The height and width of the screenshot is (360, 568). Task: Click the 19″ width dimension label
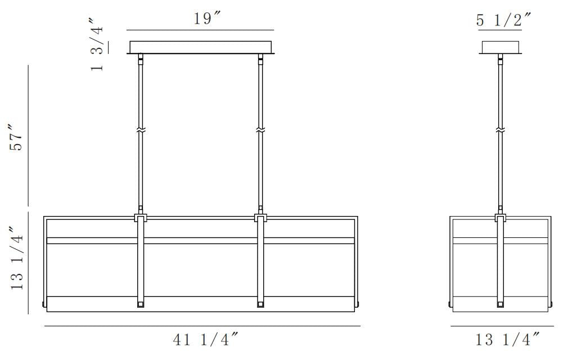pyautogui.click(x=207, y=19)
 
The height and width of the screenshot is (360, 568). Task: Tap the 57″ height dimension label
pyautogui.click(x=17, y=138)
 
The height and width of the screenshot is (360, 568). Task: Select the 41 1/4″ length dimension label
pyautogui.click(x=205, y=340)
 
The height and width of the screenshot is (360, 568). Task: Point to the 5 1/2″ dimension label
pyautogui.click(x=503, y=20)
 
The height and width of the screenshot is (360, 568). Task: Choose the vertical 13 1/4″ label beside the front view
pyautogui.click(x=17, y=258)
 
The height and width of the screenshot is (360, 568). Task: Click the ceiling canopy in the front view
pyautogui.click(x=201, y=47)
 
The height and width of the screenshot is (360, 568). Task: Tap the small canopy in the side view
pyautogui.click(x=501, y=47)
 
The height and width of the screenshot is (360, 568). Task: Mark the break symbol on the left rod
pyautogui.click(x=141, y=130)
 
